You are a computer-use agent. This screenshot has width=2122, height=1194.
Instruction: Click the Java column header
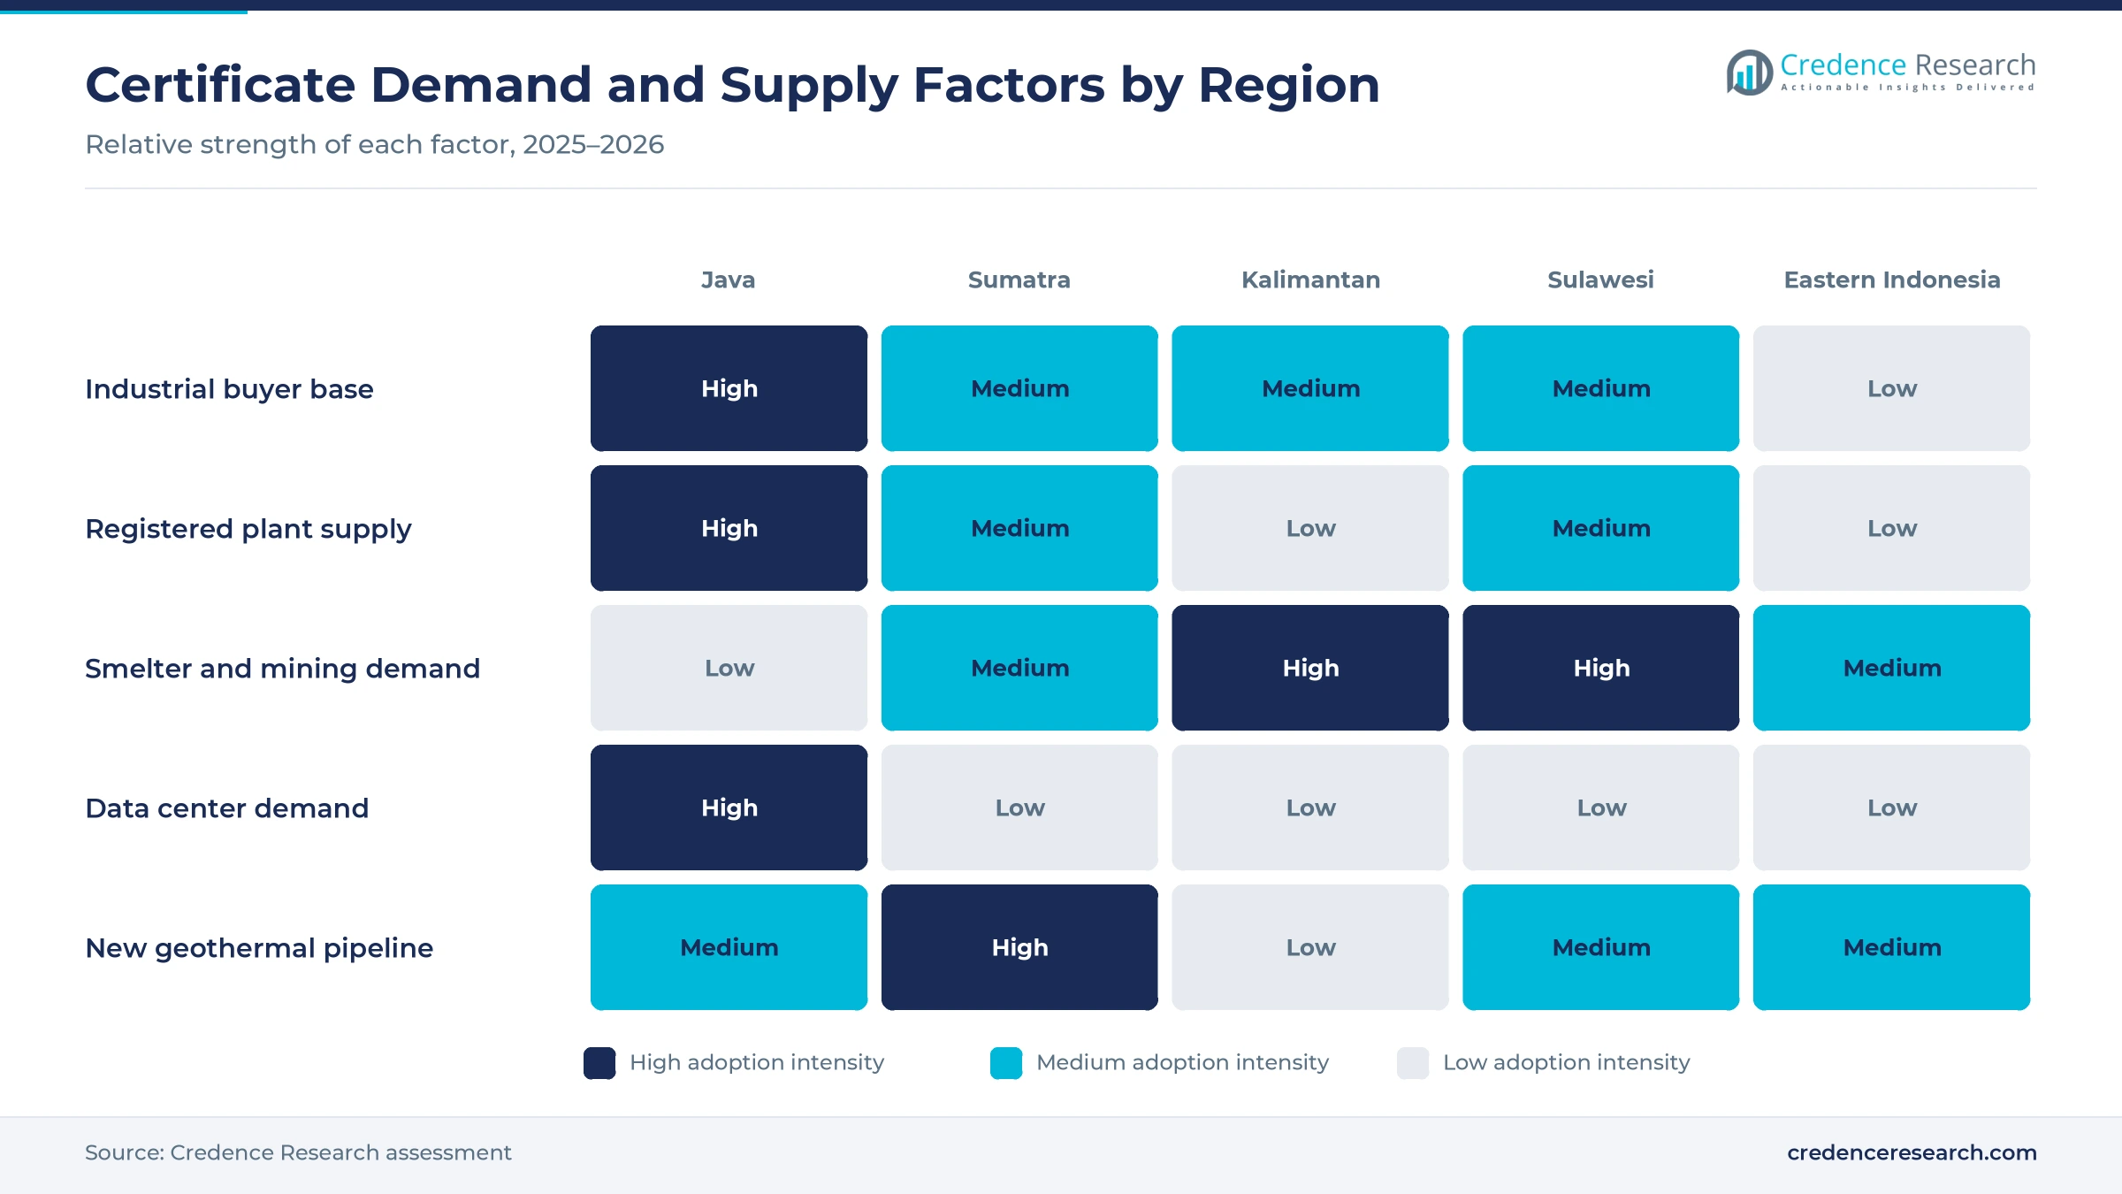tap(728, 279)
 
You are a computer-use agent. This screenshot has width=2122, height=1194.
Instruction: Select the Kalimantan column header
tap(1310, 279)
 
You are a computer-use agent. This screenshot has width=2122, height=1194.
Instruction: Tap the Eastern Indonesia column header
tap(1892, 279)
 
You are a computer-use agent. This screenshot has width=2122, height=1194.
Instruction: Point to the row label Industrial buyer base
tap(229, 389)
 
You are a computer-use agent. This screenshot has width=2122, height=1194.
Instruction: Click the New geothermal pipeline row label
tap(259, 948)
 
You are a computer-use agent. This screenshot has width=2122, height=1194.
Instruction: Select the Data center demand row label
tap(226, 808)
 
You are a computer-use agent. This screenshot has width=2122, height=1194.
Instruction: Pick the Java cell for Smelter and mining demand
tap(729, 668)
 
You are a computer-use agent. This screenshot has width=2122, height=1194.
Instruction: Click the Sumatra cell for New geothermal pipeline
tap(1019, 947)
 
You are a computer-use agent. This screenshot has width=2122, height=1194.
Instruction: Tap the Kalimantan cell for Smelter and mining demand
tap(1310, 668)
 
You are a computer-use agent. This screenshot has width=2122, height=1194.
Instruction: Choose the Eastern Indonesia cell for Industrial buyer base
tap(1892, 388)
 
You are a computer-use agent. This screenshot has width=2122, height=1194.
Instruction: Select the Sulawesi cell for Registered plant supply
tap(1601, 528)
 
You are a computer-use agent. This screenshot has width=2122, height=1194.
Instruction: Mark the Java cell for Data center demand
tap(729, 807)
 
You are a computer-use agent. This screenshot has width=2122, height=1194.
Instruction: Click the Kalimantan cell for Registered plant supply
tap(1310, 528)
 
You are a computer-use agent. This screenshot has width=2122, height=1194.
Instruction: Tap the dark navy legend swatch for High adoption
tap(599, 1063)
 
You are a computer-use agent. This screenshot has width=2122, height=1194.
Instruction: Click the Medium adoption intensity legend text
tap(1182, 1062)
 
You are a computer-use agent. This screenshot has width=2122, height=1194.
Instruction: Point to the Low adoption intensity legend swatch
tap(1413, 1063)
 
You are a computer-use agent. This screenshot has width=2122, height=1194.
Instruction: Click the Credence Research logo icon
tap(1749, 73)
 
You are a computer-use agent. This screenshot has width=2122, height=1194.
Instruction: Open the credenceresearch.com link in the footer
tap(1912, 1152)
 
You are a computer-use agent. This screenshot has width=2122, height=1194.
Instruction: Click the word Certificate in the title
tap(220, 85)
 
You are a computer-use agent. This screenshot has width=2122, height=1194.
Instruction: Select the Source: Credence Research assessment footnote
tap(298, 1152)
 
